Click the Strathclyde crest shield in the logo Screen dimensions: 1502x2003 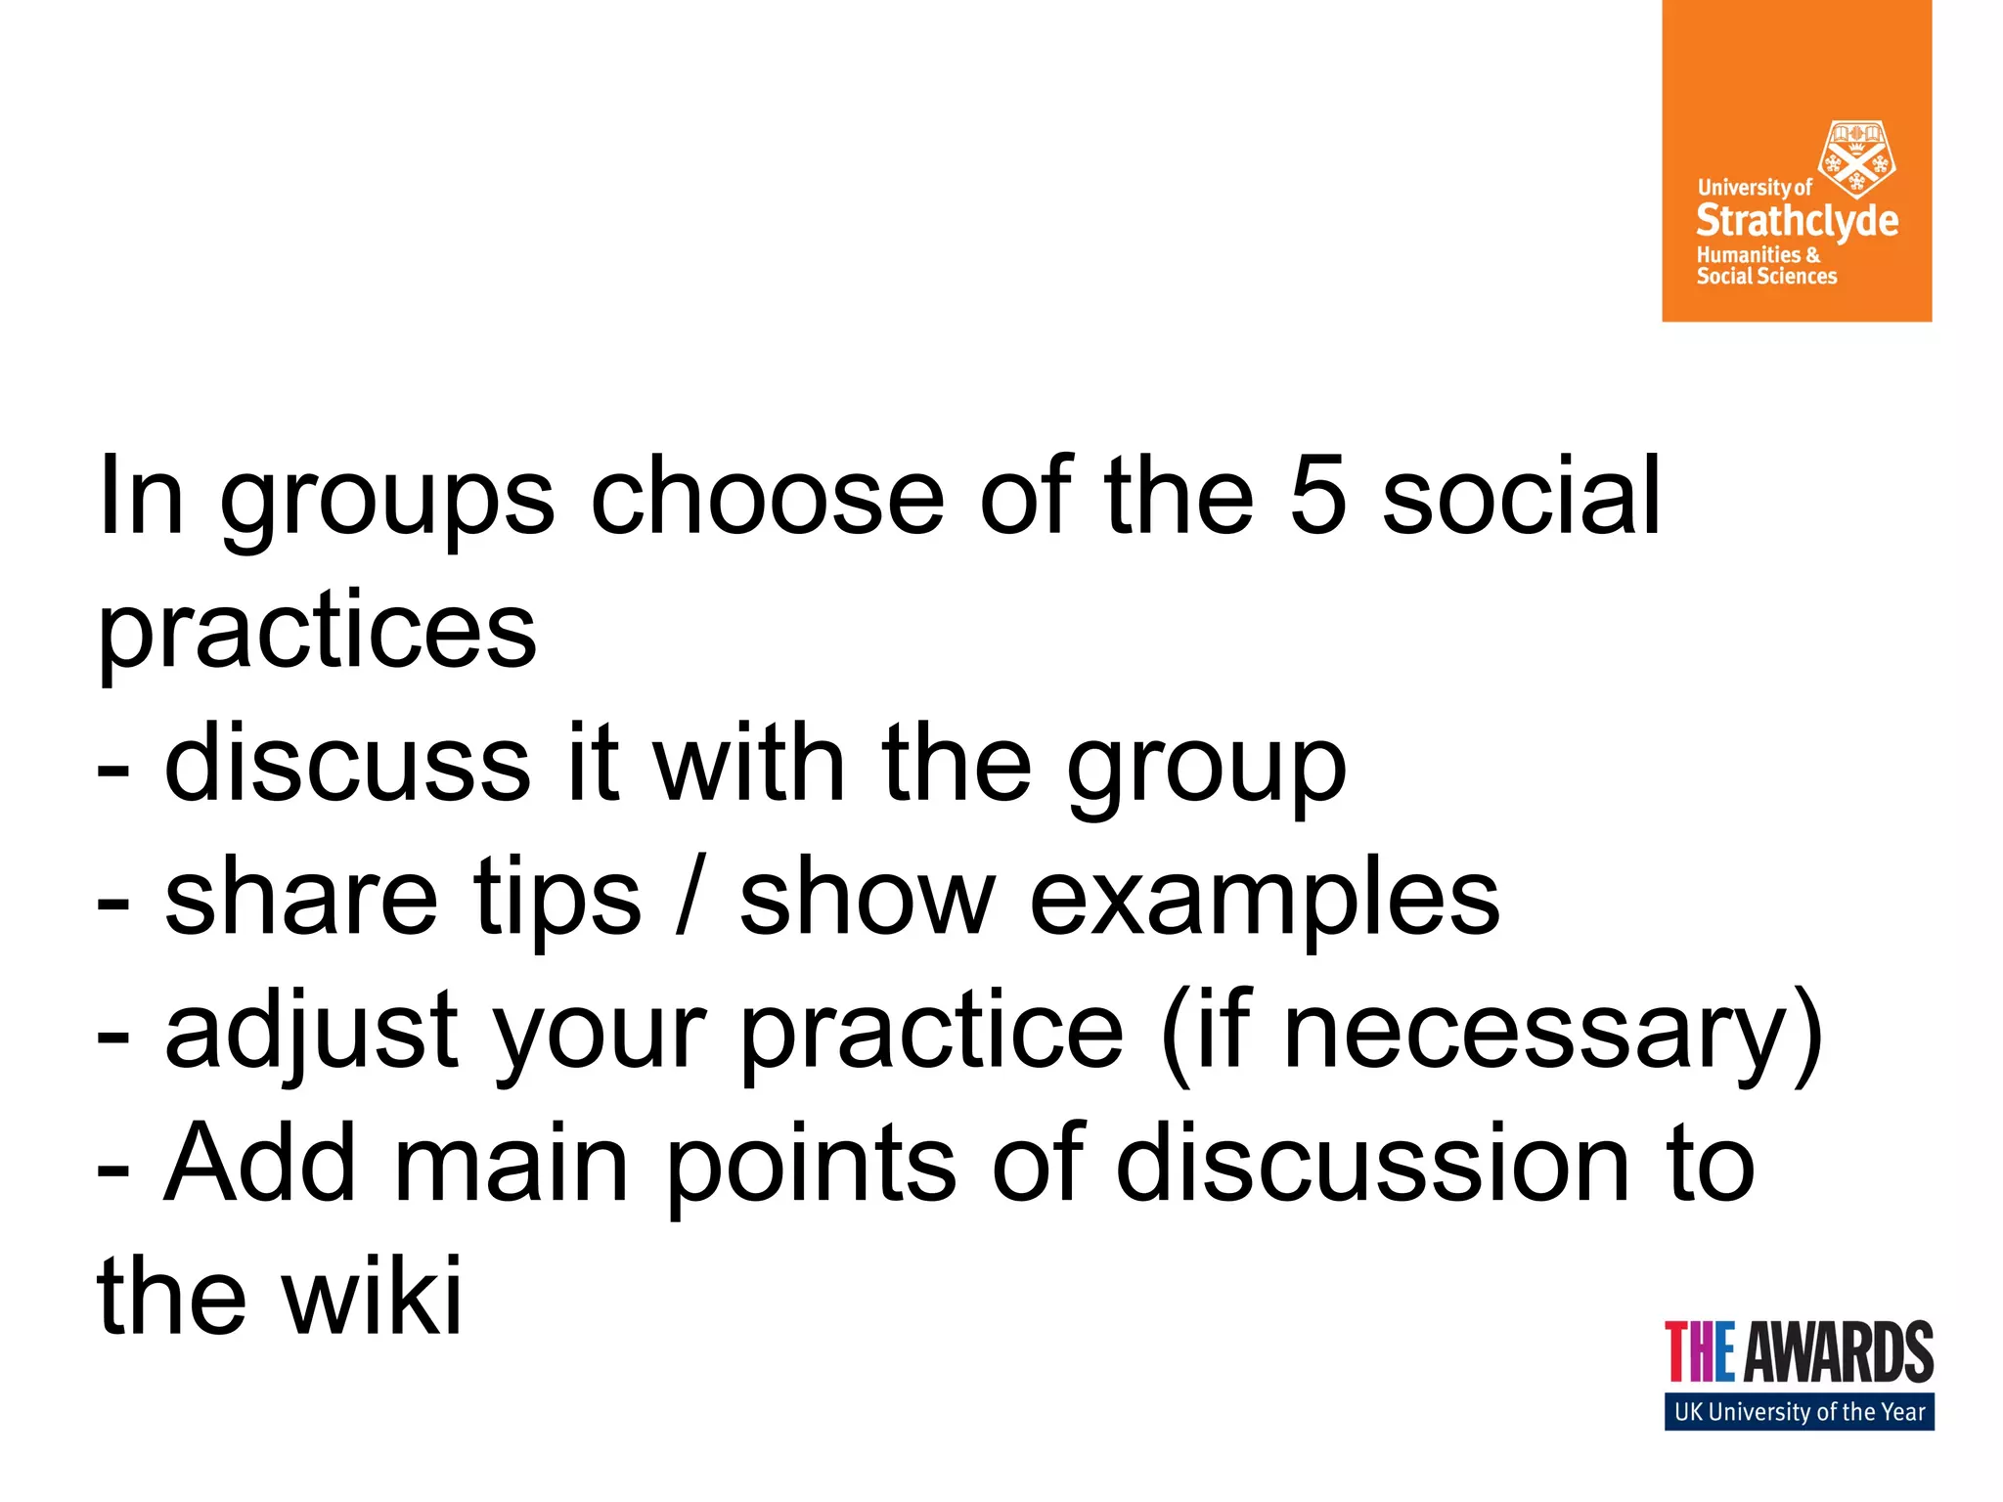pyautogui.click(x=1856, y=159)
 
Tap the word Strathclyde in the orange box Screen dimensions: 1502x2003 pyautogui.click(x=1797, y=221)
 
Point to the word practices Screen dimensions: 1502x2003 pyautogui.click(x=317, y=631)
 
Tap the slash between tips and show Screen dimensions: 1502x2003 pyautogui.click(x=690, y=897)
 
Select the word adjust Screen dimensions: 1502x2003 pyautogui.click(x=311, y=1032)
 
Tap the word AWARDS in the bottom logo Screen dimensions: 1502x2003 pyautogui.click(x=1839, y=1352)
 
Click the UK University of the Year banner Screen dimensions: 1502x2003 pyautogui.click(x=1799, y=1412)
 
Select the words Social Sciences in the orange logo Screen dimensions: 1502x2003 pyautogui.click(x=1766, y=277)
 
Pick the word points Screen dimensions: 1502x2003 pyautogui.click(x=811, y=1166)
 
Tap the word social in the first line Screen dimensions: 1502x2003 pyautogui.click(x=1521, y=496)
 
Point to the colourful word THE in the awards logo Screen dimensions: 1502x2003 pyautogui.click(x=1701, y=1352)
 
